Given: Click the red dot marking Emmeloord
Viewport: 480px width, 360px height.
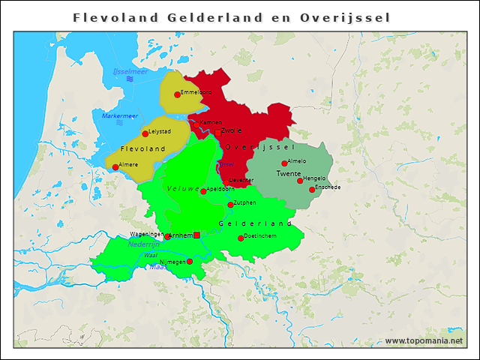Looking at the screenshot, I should point(178,94).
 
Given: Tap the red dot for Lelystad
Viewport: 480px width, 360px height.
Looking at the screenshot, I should point(145,134).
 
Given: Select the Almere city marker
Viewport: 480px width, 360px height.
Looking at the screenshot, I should point(115,167).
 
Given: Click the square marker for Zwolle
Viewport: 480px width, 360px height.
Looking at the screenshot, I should point(217,133).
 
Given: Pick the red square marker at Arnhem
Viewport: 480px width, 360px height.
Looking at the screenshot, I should point(196,235).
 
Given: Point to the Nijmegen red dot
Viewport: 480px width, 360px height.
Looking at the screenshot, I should point(190,262).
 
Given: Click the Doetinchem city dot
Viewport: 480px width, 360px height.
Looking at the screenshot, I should point(241,238).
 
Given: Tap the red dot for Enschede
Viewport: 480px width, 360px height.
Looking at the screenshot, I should point(312,190).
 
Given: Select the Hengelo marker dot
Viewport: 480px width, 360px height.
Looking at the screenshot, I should point(300,181).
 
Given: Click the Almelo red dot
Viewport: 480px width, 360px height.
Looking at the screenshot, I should point(284,163).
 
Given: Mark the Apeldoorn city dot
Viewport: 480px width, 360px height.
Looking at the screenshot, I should point(203,191).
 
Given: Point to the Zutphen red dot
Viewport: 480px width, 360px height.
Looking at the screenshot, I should point(230,205).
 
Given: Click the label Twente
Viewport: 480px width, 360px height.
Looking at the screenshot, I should point(289,174).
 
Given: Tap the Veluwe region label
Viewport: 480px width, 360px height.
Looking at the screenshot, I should point(183,188).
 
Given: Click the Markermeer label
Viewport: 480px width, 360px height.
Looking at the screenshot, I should point(120,115).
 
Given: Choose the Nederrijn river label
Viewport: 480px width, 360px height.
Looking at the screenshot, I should point(144,244).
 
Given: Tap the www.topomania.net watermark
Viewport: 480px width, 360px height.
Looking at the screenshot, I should point(424,341).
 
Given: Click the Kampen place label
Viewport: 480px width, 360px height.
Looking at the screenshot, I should point(210,122).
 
